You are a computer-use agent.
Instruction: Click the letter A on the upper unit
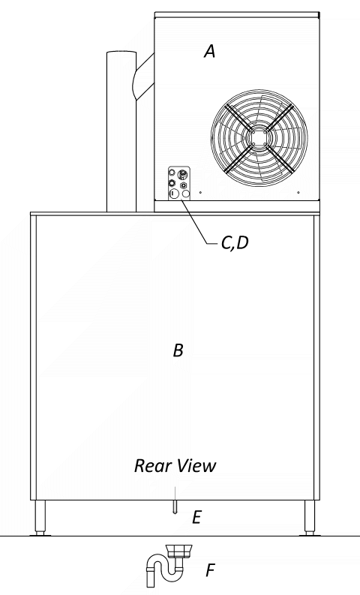click(210, 51)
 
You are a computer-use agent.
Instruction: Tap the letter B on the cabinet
click(178, 350)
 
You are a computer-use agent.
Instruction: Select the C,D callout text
click(235, 243)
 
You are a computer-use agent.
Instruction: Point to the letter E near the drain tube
click(196, 517)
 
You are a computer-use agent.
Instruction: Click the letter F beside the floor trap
click(210, 570)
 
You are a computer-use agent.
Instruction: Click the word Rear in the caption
click(151, 466)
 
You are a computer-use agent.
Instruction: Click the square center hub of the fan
click(259, 137)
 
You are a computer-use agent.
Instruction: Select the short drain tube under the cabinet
click(175, 507)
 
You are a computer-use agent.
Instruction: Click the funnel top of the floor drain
click(179, 551)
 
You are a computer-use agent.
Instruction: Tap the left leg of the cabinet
click(40, 518)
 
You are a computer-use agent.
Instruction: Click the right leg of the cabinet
click(310, 518)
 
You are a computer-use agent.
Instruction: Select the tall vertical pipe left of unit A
click(121, 131)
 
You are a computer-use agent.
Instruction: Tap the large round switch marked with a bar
click(173, 194)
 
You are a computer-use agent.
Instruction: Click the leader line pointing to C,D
click(198, 221)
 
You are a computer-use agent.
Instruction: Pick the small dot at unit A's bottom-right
click(298, 192)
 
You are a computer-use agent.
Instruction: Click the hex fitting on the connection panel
click(184, 185)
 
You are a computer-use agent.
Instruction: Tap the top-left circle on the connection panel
click(172, 173)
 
